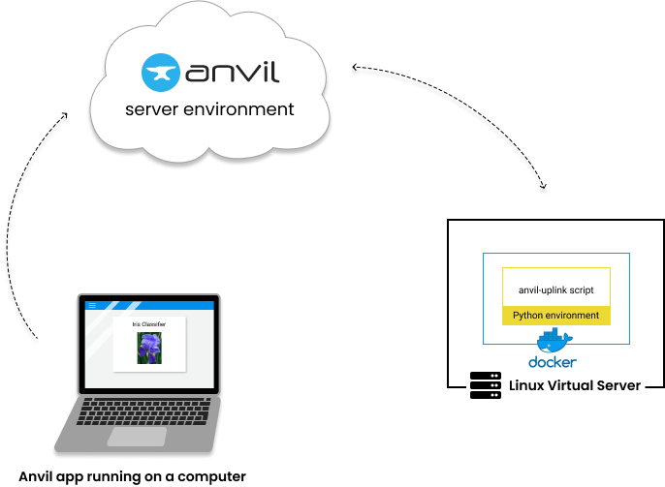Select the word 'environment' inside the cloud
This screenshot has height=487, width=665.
tap(239, 109)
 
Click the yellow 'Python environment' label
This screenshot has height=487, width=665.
tap(555, 316)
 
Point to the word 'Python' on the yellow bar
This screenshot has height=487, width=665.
tap(528, 316)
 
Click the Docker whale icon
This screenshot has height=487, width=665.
tap(555, 342)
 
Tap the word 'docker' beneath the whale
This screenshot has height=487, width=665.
tap(553, 363)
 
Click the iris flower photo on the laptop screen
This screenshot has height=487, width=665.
tap(149, 349)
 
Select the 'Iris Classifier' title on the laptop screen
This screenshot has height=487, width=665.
tap(149, 324)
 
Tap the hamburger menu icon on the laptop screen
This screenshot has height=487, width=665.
tap(92, 305)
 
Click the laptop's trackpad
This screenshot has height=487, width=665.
tap(136, 436)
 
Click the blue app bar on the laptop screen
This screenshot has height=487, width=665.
tap(155, 305)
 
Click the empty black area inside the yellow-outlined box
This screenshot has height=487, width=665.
tap(555, 288)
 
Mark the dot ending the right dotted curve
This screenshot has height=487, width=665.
tap(543, 191)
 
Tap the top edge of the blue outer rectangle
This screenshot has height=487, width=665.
tap(555, 254)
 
